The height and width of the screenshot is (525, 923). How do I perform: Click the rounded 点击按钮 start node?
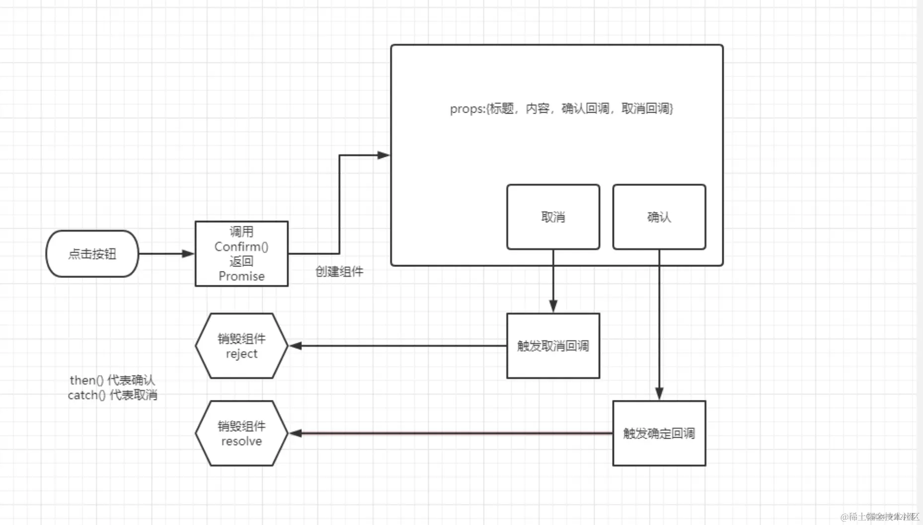(92, 254)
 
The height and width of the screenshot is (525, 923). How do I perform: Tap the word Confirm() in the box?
(241, 247)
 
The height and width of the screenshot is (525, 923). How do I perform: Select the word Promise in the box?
(241, 276)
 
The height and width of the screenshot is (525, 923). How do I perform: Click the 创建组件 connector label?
(339, 271)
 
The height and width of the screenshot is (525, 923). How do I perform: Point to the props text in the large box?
(561, 109)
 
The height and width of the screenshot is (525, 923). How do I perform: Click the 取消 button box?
(553, 217)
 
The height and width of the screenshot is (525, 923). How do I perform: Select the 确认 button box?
(659, 217)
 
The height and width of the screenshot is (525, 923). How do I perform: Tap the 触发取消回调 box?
(553, 346)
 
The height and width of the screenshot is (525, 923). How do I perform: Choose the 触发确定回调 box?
(659, 433)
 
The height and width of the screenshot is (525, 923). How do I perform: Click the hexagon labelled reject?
(241, 346)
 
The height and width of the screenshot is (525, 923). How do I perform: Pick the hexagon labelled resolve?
(241, 433)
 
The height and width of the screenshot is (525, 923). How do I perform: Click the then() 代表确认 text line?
(112, 380)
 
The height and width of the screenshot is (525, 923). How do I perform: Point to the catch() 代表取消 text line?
(112, 395)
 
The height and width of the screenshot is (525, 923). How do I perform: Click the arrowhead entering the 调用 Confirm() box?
(188, 254)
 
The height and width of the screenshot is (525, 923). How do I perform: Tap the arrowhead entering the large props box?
(384, 155)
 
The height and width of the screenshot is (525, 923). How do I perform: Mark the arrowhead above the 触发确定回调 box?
(659, 394)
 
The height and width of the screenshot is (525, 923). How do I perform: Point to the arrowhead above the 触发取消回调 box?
(553, 306)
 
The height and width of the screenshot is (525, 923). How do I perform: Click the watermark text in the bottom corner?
(879, 517)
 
